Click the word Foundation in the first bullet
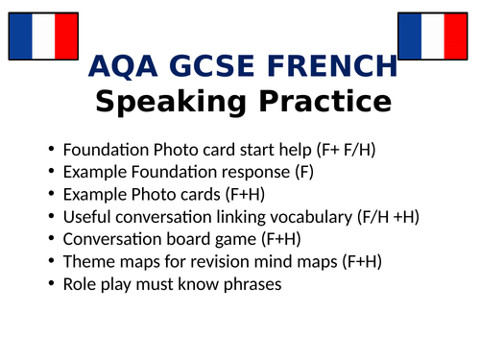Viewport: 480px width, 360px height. coord(106,150)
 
